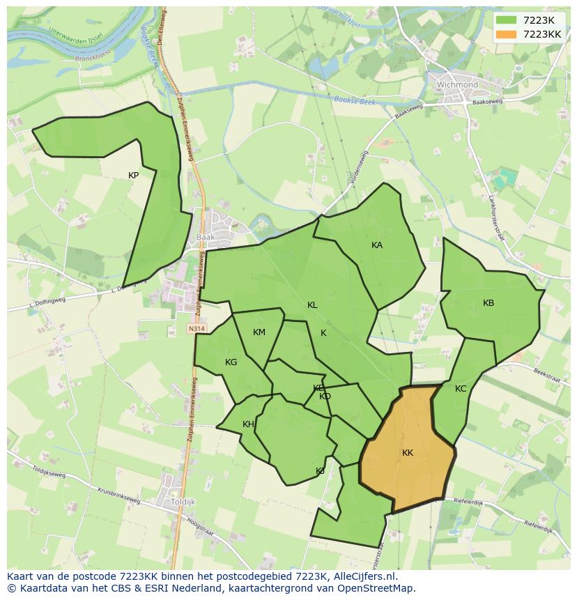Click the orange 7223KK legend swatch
pyautogui.click(x=507, y=34)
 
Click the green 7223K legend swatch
pyautogui.click(x=507, y=20)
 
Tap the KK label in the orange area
pyautogui.click(x=408, y=453)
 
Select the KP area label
pyautogui.click(x=133, y=176)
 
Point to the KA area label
pyautogui.click(x=377, y=245)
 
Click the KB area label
pyautogui.click(x=488, y=303)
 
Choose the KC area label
pyautogui.click(x=461, y=389)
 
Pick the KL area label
pyautogui.click(x=312, y=305)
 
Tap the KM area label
pyautogui.click(x=259, y=332)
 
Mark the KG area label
pyautogui.click(x=231, y=362)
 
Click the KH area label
pyautogui.click(x=248, y=424)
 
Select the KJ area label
pyautogui.click(x=320, y=471)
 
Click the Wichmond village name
pyautogui.click(x=457, y=85)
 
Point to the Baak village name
pyautogui.click(x=206, y=237)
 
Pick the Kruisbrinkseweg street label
pyautogui.click(x=118, y=495)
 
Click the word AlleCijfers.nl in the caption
pyautogui.click(x=363, y=576)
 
